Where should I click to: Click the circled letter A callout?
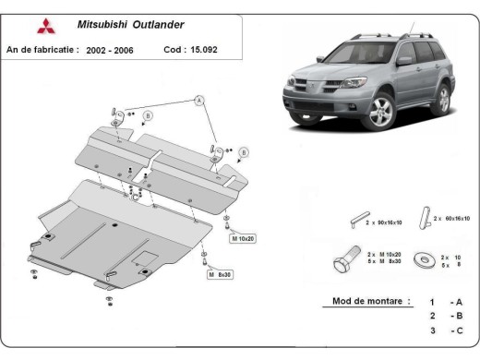tap(197, 100)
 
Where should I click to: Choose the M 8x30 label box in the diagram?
tap(221, 275)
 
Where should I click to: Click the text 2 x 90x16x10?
tap(389, 222)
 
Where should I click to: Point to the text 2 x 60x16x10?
tap(452, 218)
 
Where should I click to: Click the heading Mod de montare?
tap(363, 302)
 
